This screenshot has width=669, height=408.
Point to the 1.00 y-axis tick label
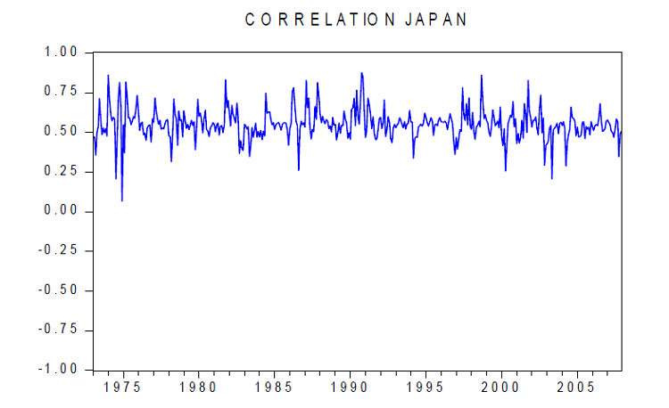(62, 53)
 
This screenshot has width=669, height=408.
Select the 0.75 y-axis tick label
(62, 93)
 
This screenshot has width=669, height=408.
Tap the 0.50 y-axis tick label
(62, 132)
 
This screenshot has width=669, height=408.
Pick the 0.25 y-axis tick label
(62, 172)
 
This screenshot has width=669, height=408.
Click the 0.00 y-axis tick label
(62, 211)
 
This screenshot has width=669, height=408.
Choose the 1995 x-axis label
(425, 388)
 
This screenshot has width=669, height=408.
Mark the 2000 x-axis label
(500, 388)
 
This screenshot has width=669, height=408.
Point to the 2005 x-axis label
(576, 388)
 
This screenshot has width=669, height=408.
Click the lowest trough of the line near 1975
(122, 200)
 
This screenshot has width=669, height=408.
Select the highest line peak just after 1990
(361, 73)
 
